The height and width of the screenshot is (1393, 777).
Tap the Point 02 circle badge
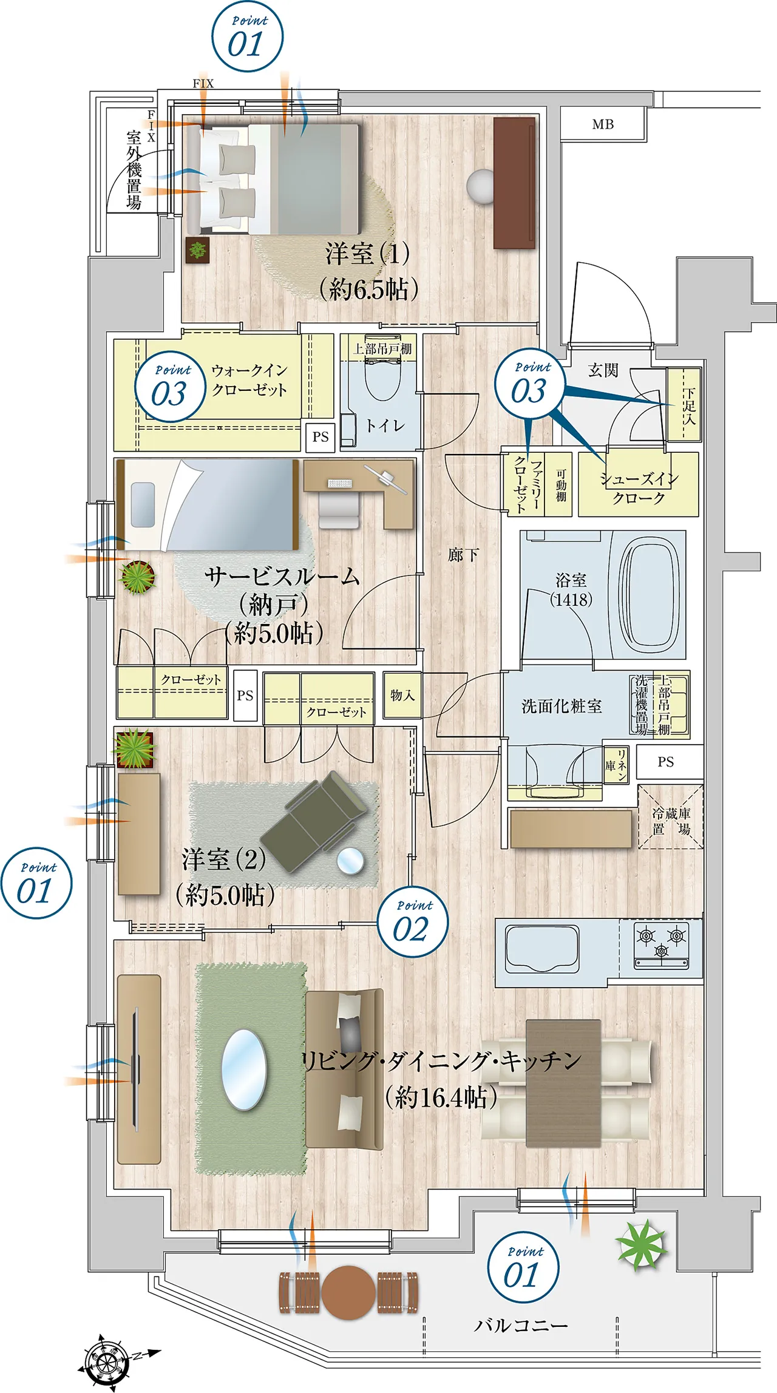[x=413, y=922]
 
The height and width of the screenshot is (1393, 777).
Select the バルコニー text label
[x=521, y=1324]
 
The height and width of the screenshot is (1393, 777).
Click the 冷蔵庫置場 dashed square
[x=671, y=816]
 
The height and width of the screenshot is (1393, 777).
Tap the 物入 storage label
[x=402, y=695]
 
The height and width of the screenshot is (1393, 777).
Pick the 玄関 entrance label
[x=603, y=370]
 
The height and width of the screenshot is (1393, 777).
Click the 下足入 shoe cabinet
[x=684, y=404]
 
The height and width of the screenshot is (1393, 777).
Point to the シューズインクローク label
[x=639, y=488]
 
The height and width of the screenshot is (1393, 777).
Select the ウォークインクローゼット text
[x=249, y=379]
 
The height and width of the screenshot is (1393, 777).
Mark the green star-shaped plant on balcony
[x=642, y=1244]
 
